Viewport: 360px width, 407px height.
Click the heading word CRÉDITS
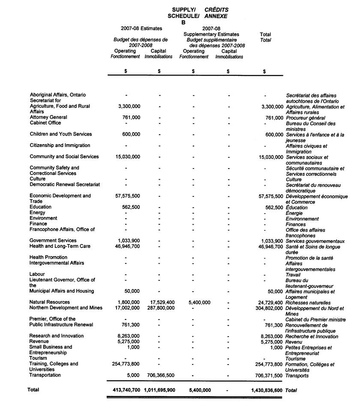click(216, 10)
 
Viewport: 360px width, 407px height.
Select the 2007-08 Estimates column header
click(141, 29)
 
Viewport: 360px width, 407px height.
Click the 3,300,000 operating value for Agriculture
click(129, 106)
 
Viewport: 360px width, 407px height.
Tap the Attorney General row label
click(48, 117)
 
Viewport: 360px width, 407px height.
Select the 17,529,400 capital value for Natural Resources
click(159, 302)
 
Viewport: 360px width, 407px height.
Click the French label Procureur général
click(306, 118)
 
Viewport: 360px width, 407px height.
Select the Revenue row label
click(39, 341)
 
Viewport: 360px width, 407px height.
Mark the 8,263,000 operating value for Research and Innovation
click(129, 336)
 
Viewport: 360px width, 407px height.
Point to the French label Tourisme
click(296, 359)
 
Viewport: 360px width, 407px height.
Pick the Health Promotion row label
click(48, 257)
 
